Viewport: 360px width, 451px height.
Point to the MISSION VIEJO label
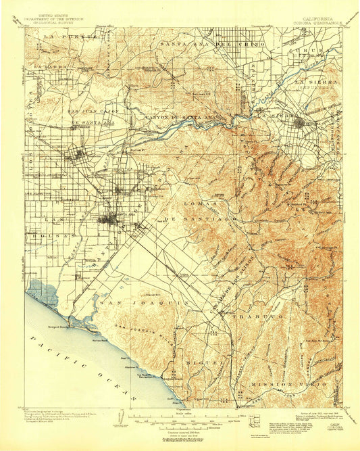click(x=292, y=382)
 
